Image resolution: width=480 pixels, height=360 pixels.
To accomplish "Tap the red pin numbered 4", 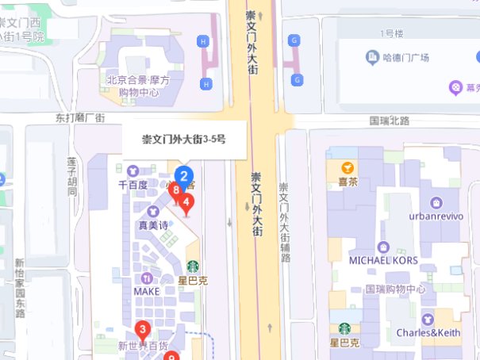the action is point(186,203).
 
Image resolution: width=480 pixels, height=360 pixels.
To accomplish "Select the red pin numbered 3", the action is point(142,329).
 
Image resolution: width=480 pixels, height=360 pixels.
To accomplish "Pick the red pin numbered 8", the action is point(175,190).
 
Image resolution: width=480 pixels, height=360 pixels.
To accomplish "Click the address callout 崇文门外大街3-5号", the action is point(184,140).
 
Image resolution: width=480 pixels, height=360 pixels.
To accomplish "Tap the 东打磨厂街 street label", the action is point(79,118).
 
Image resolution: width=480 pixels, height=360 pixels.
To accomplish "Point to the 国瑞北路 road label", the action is point(390,121).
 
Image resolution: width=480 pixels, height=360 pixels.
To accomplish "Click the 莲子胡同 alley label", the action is point(71,176).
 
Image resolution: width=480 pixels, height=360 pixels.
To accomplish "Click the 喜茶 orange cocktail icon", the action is point(347,167).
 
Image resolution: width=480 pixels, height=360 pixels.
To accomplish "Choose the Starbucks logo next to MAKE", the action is point(192,266).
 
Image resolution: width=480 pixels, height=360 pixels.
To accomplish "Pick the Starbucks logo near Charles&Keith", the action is point(344,328).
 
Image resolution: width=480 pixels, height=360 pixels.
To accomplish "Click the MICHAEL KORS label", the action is point(382,261).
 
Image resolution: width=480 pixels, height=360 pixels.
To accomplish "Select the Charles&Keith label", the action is point(428,332).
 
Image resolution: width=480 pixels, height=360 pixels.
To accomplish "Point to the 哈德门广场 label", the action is point(405,58).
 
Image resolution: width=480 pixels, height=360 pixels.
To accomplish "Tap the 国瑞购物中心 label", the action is point(395,289).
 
